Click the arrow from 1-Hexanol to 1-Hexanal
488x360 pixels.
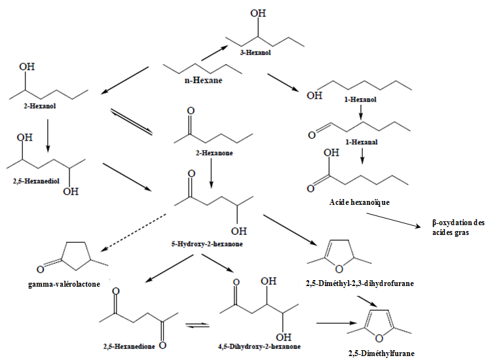[x=361, y=112]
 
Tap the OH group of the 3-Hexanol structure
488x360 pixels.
[x=259, y=12]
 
